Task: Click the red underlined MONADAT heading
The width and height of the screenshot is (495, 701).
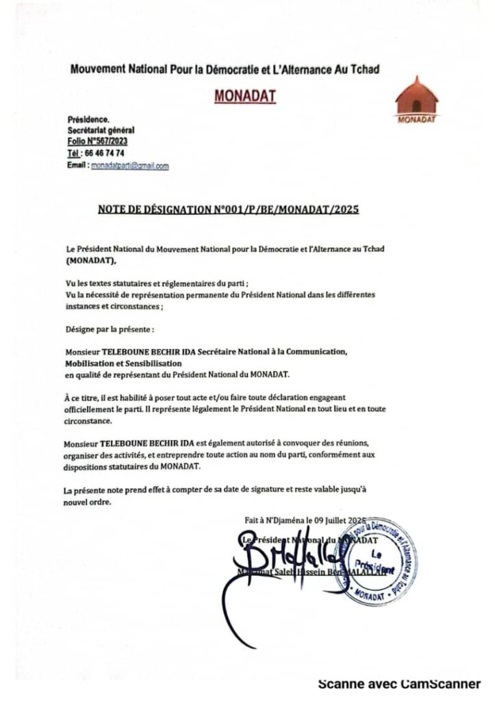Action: coord(245,96)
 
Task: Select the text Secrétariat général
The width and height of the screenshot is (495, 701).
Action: coord(101,129)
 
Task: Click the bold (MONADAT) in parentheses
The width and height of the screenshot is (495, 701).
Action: coord(92,260)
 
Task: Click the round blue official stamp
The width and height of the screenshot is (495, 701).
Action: coord(375,559)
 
